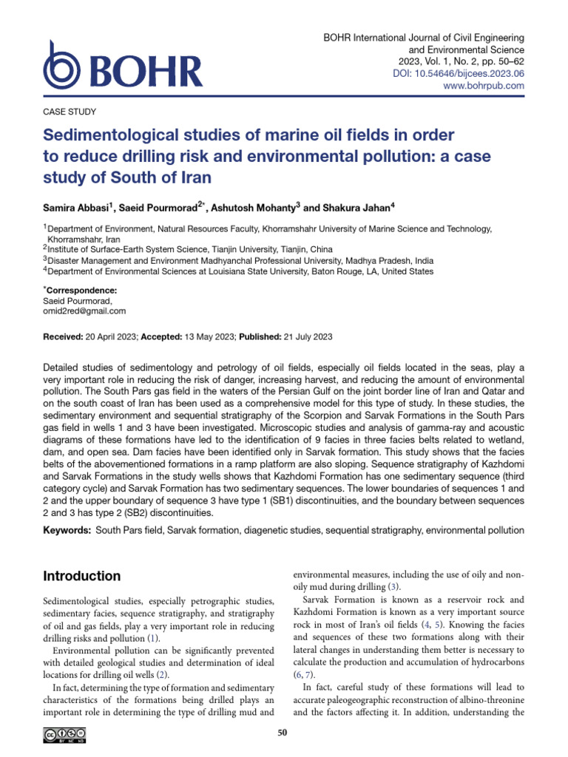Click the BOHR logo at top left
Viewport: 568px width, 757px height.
[x=122, y=71]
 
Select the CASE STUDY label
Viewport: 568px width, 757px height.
[x=65, y=112]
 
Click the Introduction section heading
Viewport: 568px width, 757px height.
[x=82, y=576]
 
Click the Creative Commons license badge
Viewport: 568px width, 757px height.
[x=65, y=734]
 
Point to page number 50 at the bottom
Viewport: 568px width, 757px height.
[x=281, y=733]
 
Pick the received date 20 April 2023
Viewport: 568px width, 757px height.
[x=112, y=337]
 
